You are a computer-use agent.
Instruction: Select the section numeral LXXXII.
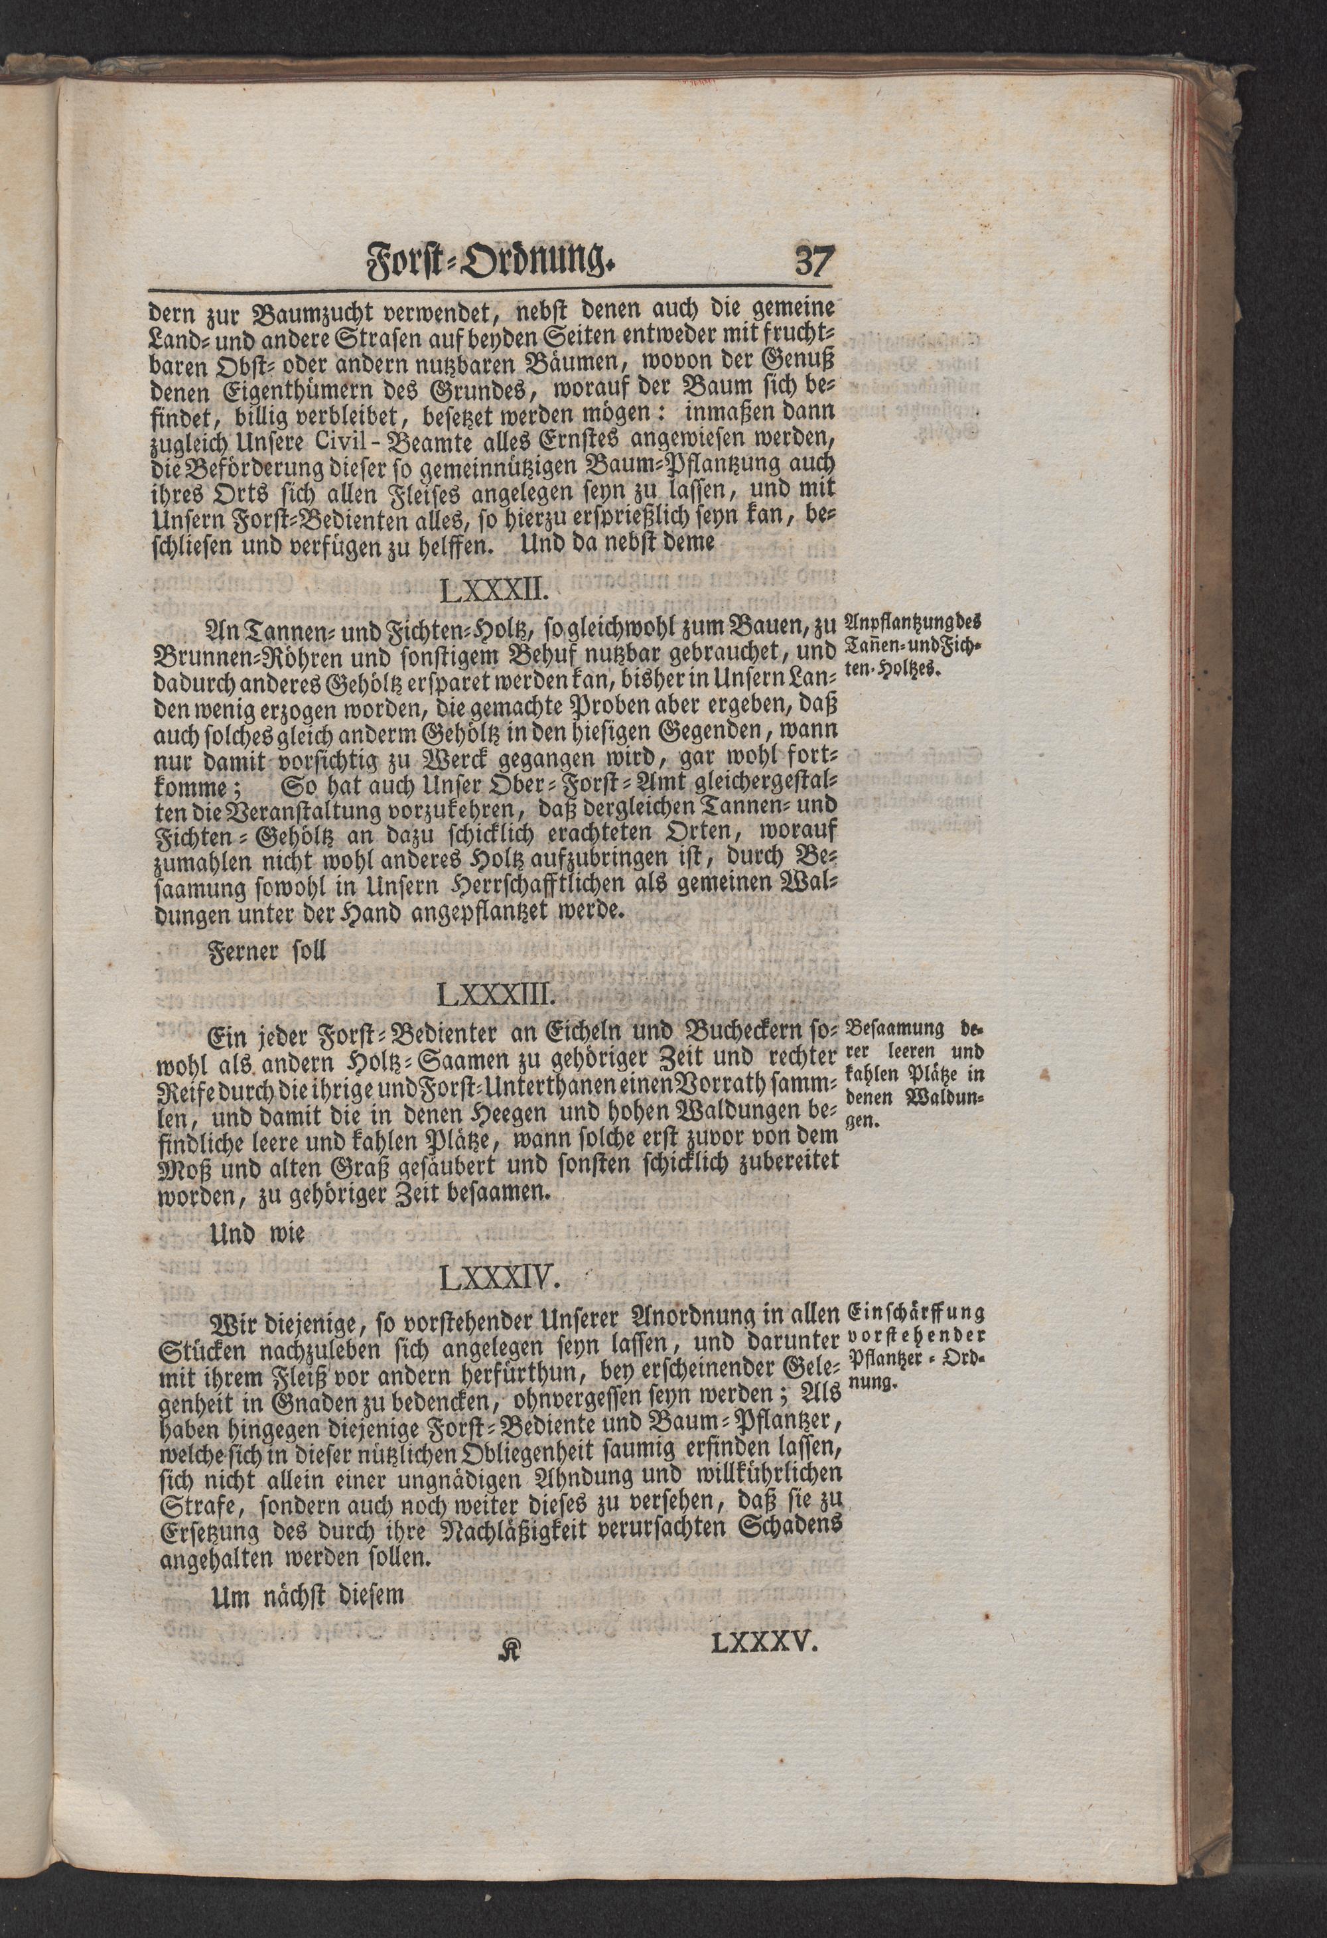point(492,593)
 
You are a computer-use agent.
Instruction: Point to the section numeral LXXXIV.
point(493,1279)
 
